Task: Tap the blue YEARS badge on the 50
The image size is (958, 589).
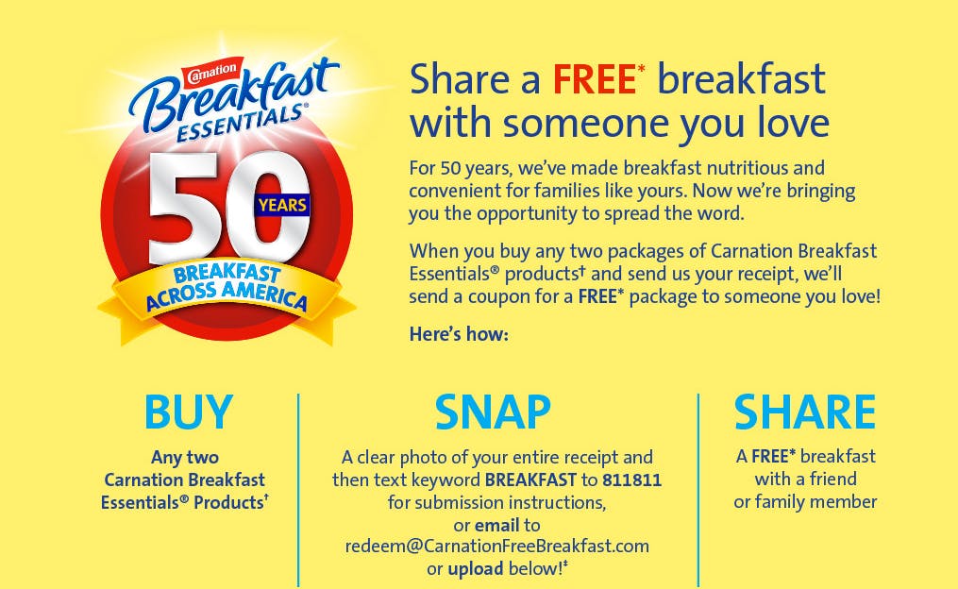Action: point(282,205)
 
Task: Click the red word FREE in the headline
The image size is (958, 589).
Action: point(595,79)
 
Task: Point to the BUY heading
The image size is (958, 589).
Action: point(189,412)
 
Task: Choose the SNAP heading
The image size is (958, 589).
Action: point(493,412)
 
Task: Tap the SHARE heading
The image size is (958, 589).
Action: point(805,412)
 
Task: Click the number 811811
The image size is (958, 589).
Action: point(631,480)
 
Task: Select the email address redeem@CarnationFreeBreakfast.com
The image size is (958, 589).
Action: point(497,546)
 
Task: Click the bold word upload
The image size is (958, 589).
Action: point(476,569)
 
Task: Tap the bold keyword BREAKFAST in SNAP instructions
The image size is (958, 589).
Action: point(530,480)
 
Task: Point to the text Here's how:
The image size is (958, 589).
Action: point(459,334)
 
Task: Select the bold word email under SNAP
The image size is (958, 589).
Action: point(496,525)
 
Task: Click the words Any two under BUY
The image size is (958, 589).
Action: point(184,457)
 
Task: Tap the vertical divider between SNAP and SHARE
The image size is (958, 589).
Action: point(697,490)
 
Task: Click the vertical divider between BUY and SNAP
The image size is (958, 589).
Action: point(298,490)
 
